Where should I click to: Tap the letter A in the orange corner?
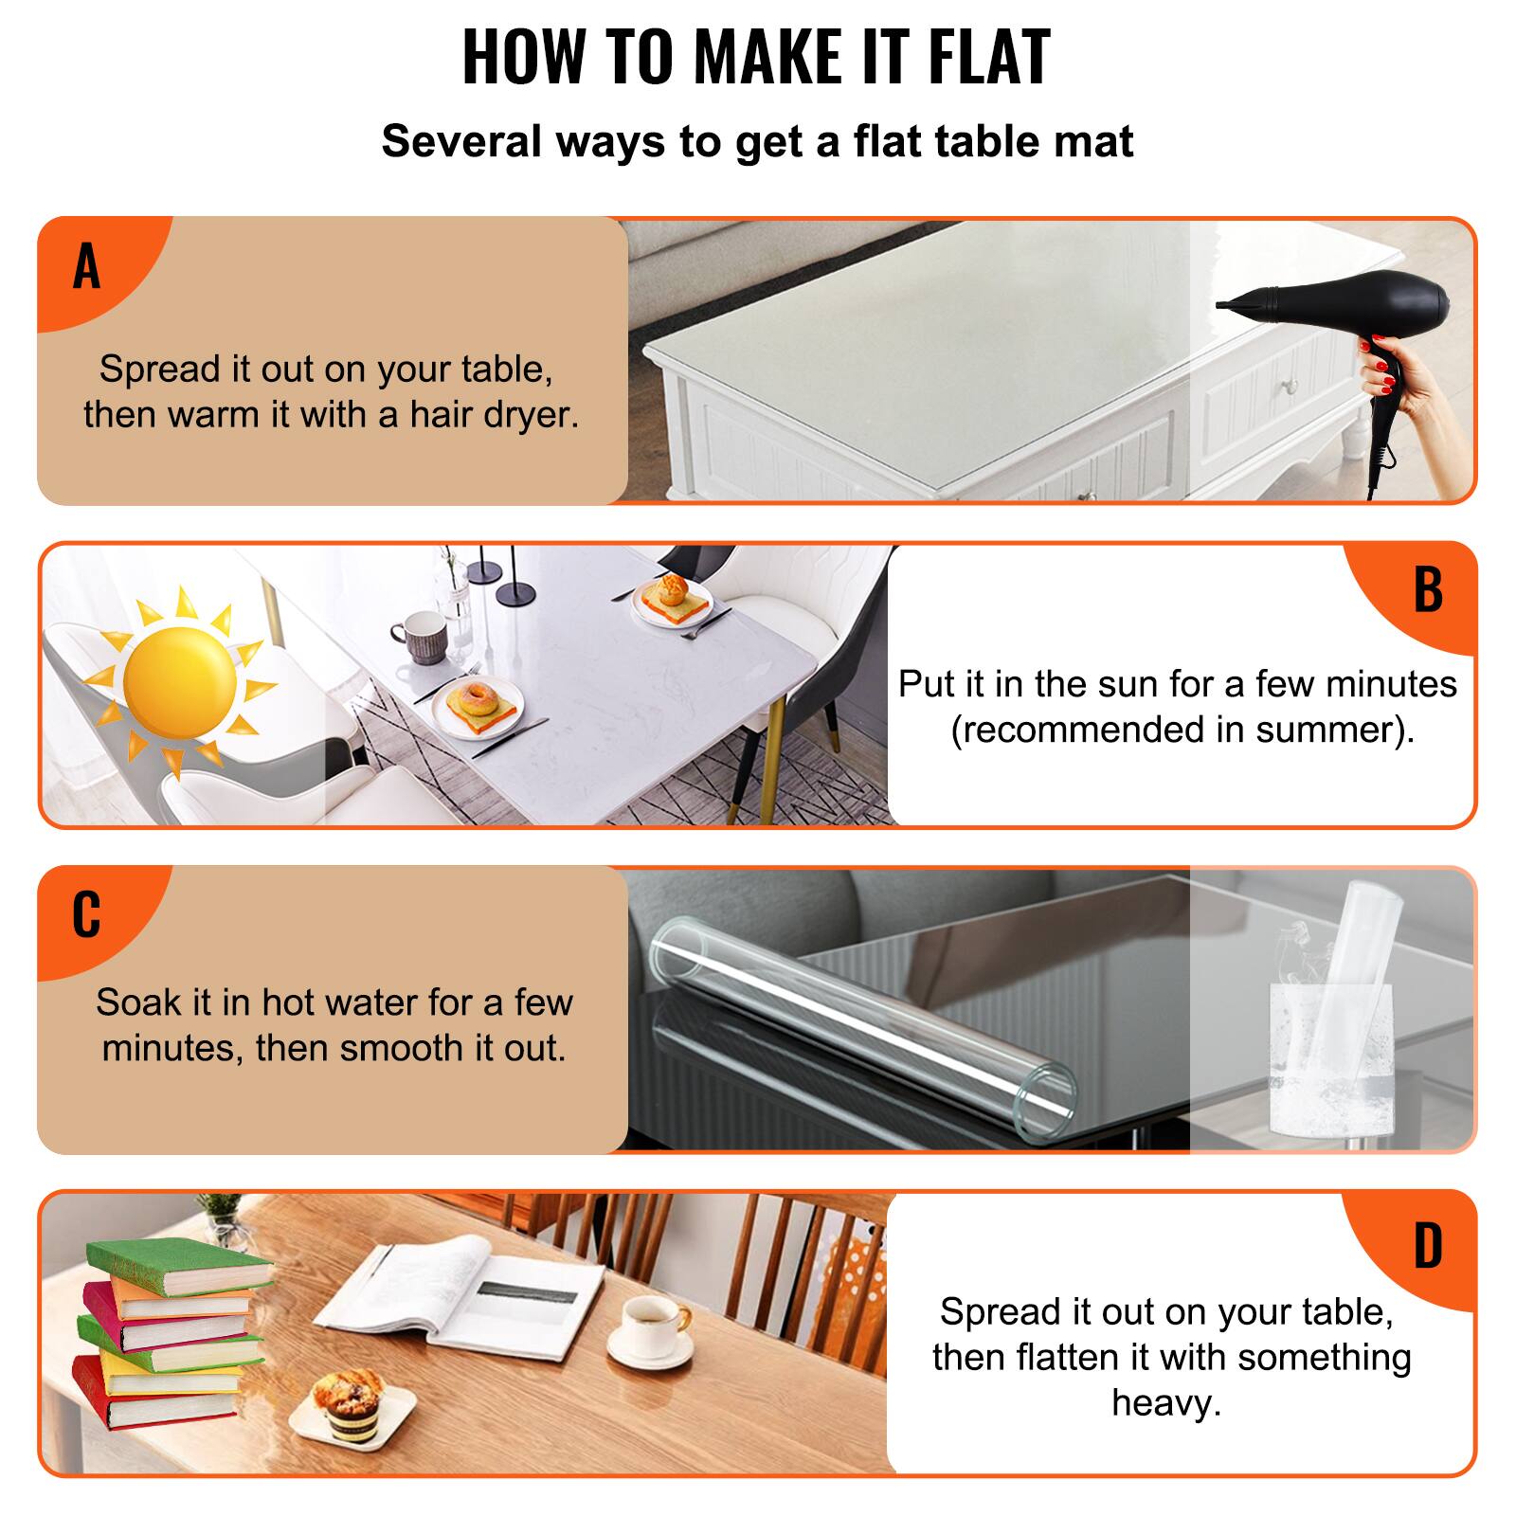(x=86, y=266)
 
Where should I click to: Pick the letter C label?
(x=86, y=915)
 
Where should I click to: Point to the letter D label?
(x=1428, y=1246)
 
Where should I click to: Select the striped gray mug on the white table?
(x=417, y=637)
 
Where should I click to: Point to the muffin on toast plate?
(x=672, y=594)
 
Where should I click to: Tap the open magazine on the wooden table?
(x=460, y=1293)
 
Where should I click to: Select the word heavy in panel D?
(x=1165, y=1403)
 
